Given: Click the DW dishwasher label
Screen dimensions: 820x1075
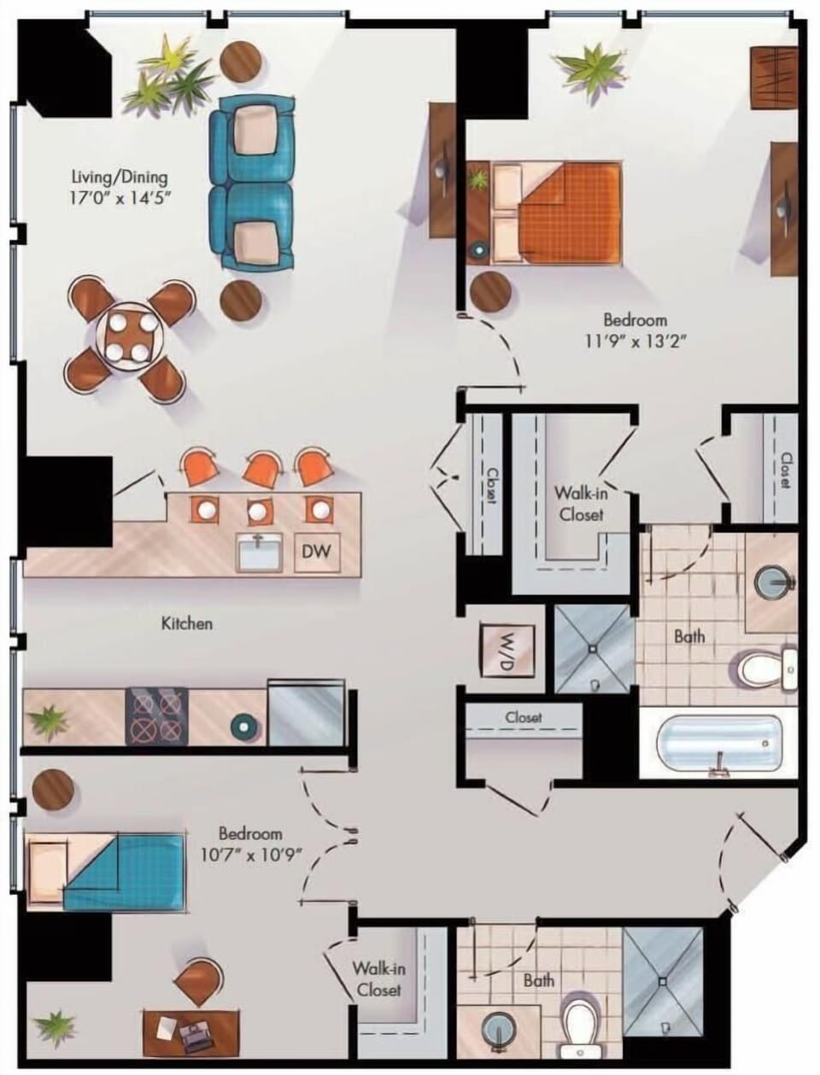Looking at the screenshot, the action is (316, 551).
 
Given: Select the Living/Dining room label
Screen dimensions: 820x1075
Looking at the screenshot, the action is (120, 176).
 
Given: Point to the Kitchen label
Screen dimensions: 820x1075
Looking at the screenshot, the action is (187, 623).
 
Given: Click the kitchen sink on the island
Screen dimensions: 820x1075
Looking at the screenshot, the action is (260, 552).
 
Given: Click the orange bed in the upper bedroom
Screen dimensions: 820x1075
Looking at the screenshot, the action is (557, 213).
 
